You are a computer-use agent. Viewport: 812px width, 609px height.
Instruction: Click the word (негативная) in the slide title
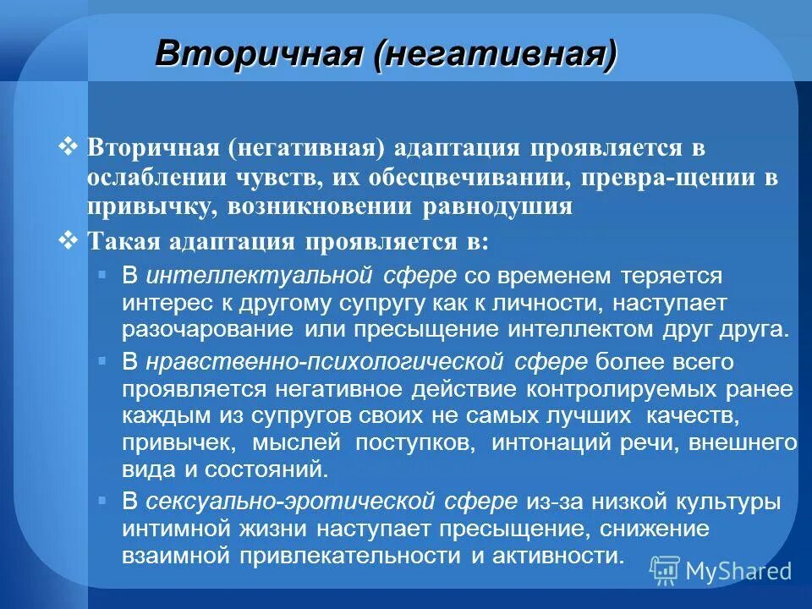pyautogui.click(x=498, y=55)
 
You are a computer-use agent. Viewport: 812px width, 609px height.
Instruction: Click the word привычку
pyautogui.click(x=148, y=206)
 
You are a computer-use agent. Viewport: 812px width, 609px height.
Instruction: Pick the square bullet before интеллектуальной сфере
pyautogui.click(x=102, y=274)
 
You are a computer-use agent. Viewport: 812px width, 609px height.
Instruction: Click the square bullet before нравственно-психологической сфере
pyautogui.click(x=102, y=360)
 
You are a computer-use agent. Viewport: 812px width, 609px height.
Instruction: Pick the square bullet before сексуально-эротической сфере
pyautogui.click(x=102, y=500)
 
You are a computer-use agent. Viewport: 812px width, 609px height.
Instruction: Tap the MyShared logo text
pyautogui.click(x=738, y=570)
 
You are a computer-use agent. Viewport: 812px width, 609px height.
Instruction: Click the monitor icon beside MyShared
pyautogui.click(x=666, y=569)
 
